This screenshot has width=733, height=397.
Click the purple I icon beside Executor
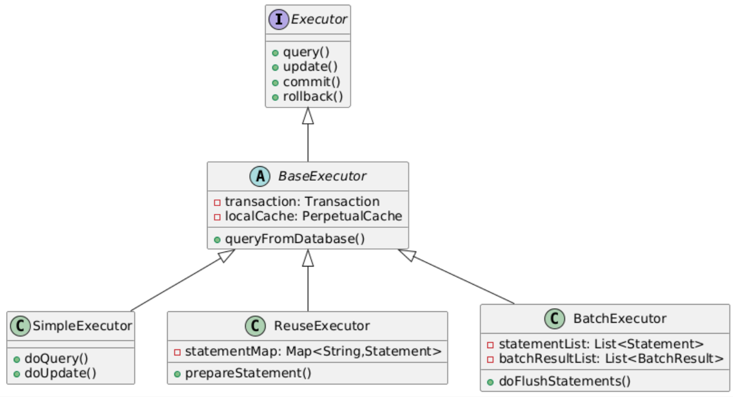pyautogui.click(x=279, y=20)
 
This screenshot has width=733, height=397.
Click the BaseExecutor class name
pyautogui.click(x=322, y=176)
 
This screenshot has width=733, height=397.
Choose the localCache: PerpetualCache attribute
pyautogui.click(x=313, y=216)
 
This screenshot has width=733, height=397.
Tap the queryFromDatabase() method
pyautogui.click(x=295, y=239)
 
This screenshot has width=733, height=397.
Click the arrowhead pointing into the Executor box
pyautogui.click(x=308, y=115)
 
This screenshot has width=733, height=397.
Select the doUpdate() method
pyautogui.click(x=60, y=372)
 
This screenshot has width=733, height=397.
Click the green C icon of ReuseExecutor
pyautogui.click(x=255, y=326)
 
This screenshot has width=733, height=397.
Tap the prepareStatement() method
pyautogui.click(x=248, y=373)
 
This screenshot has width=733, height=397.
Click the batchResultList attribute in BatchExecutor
pyautogui.click(x=611, y=358)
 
